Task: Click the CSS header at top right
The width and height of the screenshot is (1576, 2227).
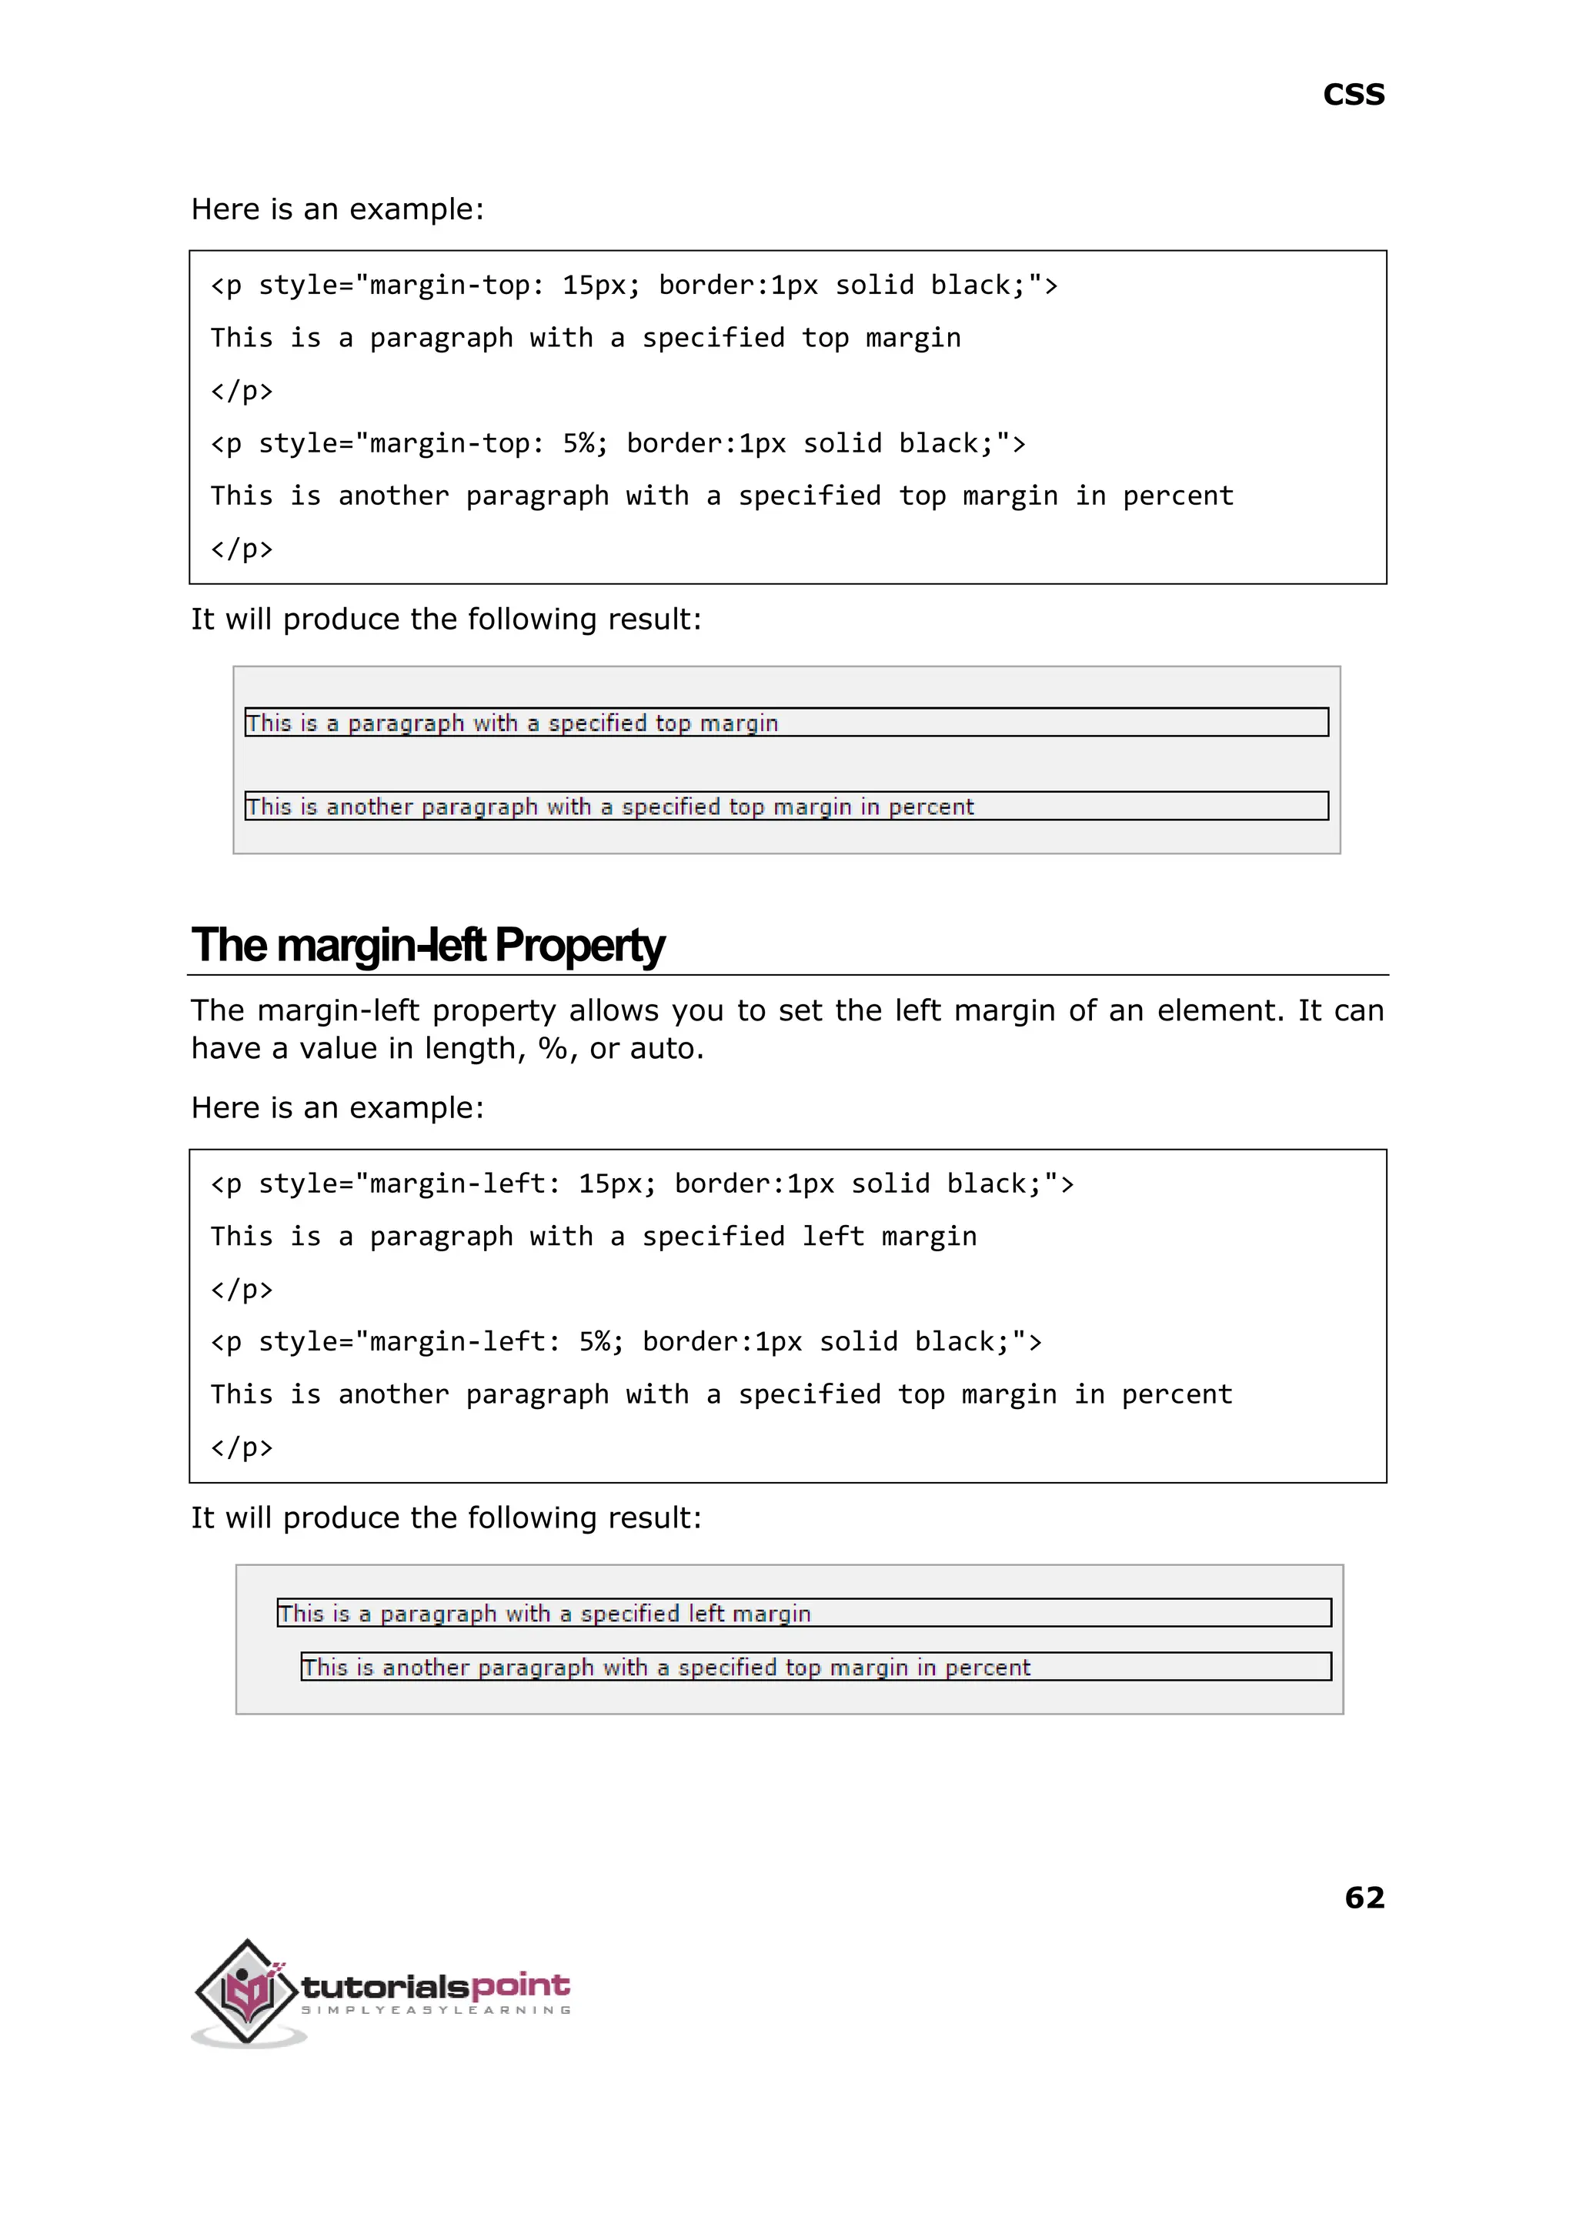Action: coord(1353,95)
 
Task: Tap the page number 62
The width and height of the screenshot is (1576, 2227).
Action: coord(1364,1896)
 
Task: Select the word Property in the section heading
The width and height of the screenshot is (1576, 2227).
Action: coord(579,945)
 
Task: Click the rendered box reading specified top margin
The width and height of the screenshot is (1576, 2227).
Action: coord(786,722)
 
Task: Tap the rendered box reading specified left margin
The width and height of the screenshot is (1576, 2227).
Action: coord(803,1613)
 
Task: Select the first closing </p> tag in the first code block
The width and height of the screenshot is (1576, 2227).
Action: coord(242,391)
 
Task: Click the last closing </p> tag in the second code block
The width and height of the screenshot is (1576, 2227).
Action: coord(242,1447)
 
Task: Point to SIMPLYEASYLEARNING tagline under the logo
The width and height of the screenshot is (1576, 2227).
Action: coord(436,2011)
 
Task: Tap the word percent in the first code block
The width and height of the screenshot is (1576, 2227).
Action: coord(1177,496)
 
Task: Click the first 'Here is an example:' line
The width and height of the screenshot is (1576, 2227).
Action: coord(337,209)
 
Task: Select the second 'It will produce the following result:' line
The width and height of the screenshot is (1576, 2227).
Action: coord(446,1517)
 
